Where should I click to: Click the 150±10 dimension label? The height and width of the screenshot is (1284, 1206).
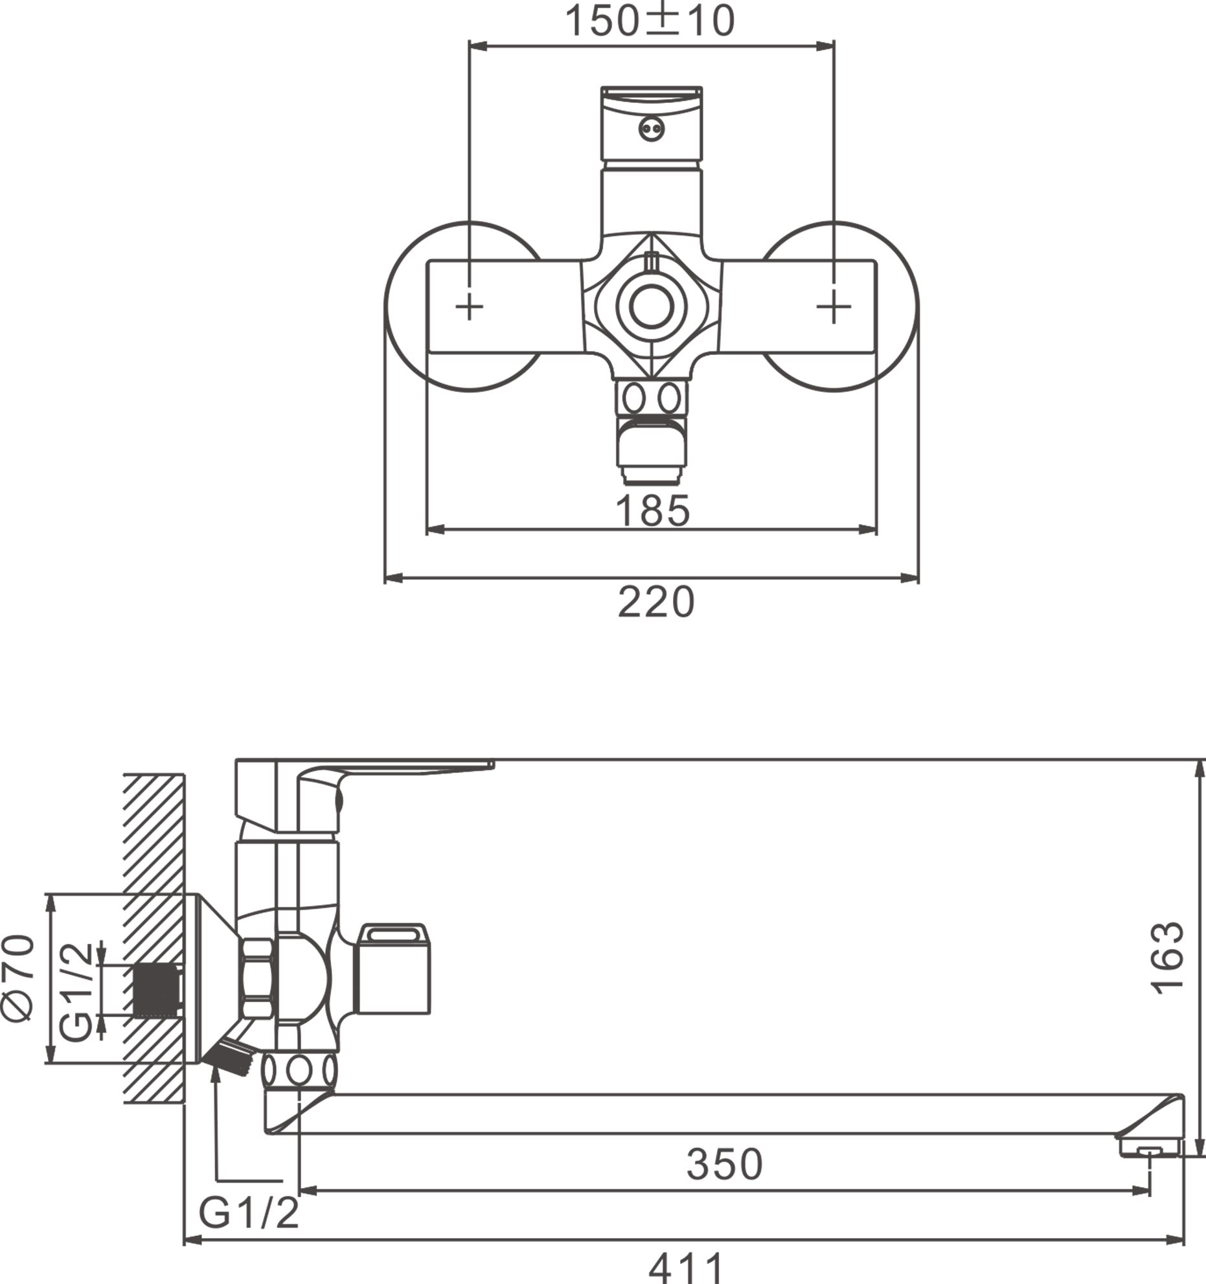pyautogui.click(x=650, y=21)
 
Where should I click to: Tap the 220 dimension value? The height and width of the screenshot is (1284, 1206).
pyautogui.click(x=655, y=602)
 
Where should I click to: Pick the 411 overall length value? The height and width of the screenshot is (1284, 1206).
pyautogui.click(x=685, y=1267)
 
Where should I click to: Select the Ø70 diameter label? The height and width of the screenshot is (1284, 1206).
pyautogui.click(x=19, y=978)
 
